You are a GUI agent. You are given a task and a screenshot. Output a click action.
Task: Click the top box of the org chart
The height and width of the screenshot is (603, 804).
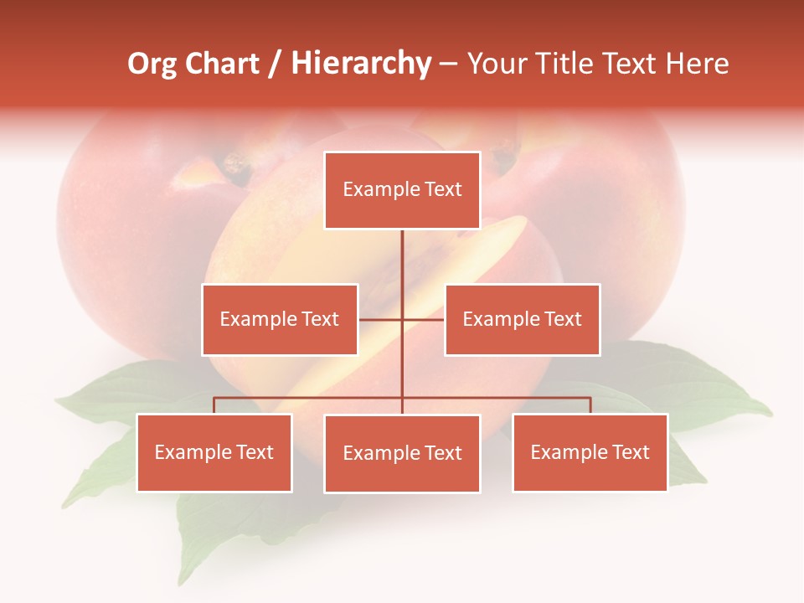402,190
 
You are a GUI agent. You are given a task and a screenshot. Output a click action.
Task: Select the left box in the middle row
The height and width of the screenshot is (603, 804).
280,319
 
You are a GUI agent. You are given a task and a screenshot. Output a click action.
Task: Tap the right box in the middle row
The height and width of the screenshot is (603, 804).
522,319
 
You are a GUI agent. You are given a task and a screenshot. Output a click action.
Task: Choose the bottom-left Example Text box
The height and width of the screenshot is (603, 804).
214,452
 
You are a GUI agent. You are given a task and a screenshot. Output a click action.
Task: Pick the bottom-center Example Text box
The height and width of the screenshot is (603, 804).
402,453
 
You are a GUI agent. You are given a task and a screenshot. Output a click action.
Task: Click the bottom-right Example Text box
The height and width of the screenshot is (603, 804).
590,452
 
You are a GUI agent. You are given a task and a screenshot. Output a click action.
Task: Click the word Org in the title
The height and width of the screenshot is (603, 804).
152,64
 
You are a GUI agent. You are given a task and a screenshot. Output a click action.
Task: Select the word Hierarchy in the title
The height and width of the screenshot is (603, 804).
361,64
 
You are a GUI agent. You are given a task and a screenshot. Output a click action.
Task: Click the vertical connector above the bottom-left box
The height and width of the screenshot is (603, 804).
214,405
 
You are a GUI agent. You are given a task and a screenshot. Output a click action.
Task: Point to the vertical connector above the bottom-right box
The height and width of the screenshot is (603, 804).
590,405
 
